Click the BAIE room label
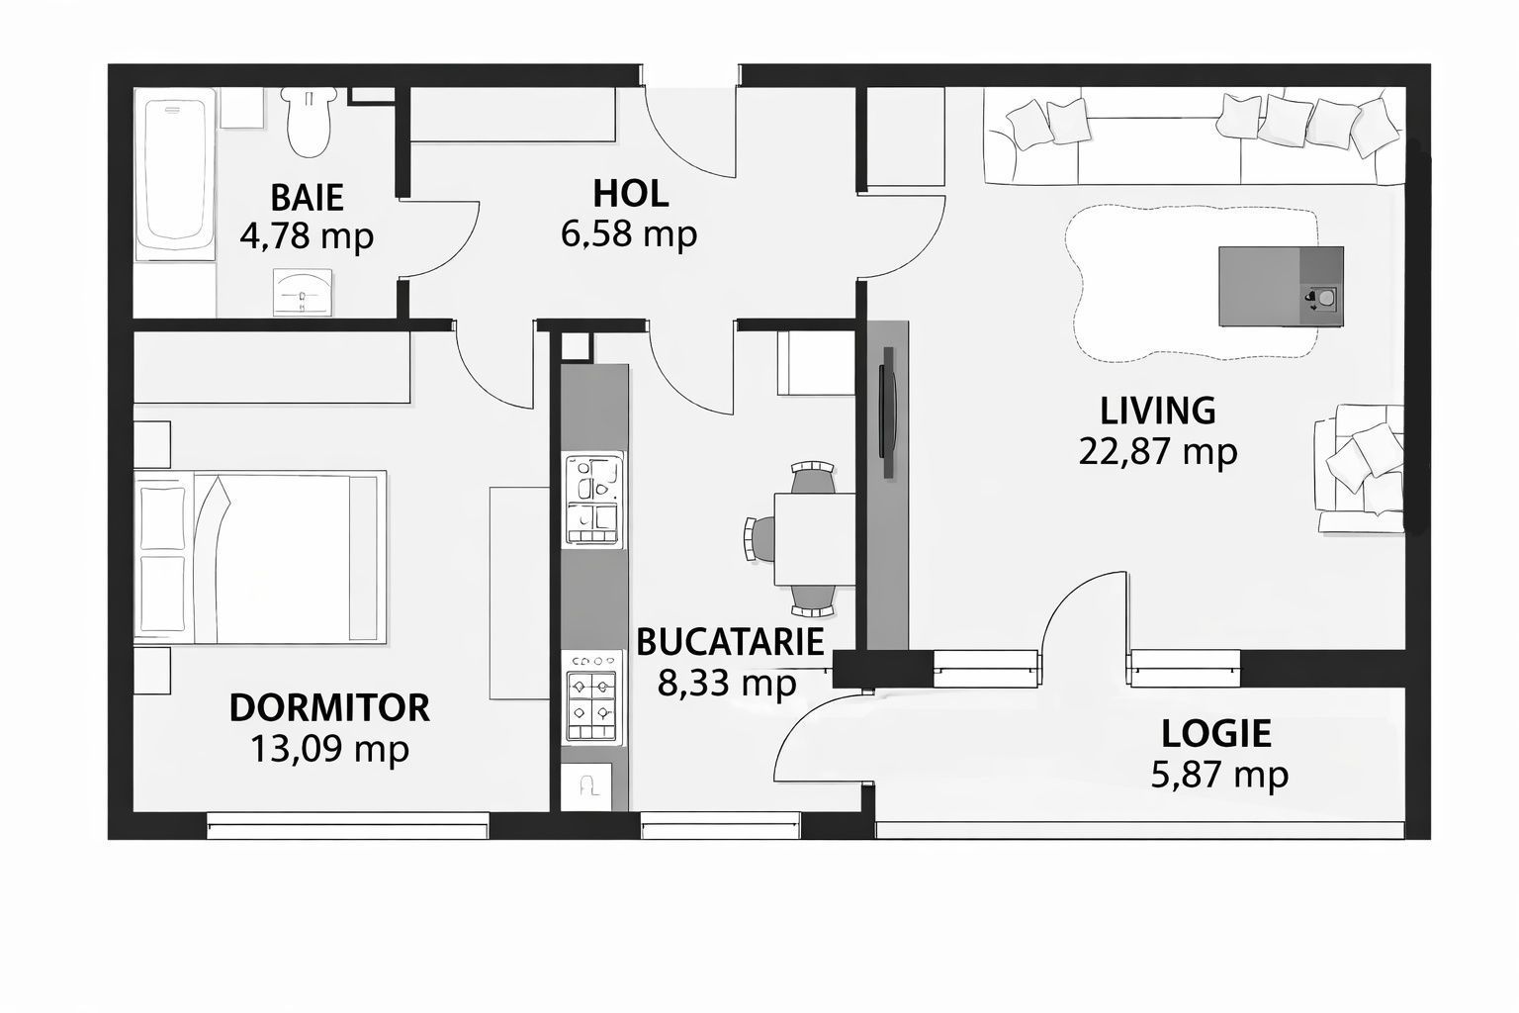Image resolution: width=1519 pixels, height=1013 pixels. [x=307, y=197]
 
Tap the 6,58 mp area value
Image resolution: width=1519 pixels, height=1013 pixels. [x=629, y=234]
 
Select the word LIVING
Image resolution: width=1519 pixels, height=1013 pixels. [x=1158, y=410]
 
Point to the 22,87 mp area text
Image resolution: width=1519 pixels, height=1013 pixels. [x=1158, y=452]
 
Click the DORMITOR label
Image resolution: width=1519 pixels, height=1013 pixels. [x=329, y=708]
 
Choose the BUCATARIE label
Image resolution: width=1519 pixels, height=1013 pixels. [x=730, y=641]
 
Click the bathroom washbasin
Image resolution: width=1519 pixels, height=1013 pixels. [x=303, y=292]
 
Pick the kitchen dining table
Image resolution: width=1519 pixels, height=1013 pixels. [x=814, y=539]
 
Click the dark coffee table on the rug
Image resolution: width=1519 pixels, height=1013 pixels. [x=1281, y=287]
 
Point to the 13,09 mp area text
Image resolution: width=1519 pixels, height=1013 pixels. [x=329, y=750]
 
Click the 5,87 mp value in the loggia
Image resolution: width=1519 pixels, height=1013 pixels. [x=1219, y=774]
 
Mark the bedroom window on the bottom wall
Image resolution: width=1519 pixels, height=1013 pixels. [x=348, y=825]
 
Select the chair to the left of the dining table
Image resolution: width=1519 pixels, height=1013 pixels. [x=758, y=539]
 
